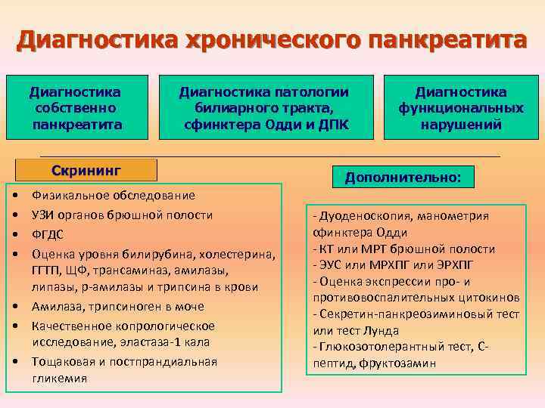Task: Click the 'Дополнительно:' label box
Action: coord(402,178)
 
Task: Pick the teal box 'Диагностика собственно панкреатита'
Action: coord(75,107)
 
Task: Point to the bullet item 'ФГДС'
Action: coord(46,234)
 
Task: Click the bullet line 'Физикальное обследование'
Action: coord(113,196)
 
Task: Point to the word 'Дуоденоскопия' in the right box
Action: coord(355,216)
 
